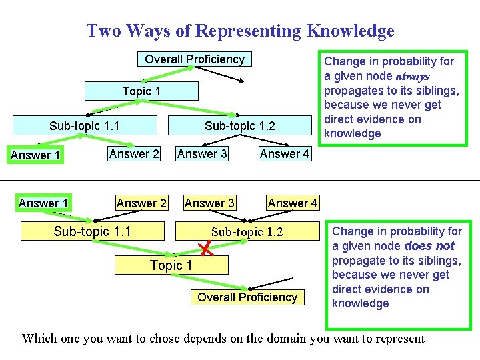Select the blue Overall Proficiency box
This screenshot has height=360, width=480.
195,59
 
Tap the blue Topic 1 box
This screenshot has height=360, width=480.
141,91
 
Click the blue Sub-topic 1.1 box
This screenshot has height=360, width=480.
85,126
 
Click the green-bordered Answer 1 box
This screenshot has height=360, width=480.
35,155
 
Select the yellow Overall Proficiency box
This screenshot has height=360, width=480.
247,297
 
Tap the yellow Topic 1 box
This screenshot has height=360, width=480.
171,265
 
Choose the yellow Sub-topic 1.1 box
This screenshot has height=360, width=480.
92,231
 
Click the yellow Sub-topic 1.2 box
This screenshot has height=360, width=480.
247,231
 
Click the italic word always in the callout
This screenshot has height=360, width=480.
413,77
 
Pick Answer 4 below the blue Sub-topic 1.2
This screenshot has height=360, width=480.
285,154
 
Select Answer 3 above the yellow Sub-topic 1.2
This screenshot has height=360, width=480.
209,203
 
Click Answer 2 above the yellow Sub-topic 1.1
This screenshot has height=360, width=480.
141,203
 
